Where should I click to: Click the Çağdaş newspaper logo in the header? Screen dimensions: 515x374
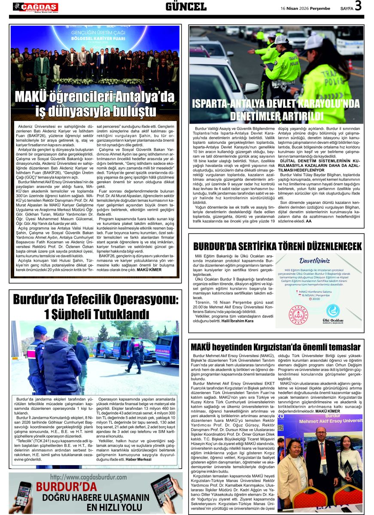click(x=35, y=7)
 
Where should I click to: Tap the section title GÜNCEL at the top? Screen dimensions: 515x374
click(x=186, y=6)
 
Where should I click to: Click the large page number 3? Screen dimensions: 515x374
click(x=358, y=6)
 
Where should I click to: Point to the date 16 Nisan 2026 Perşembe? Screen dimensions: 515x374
click(x=305, y=8)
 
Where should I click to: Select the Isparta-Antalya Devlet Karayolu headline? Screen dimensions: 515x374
click(x=276, y=110)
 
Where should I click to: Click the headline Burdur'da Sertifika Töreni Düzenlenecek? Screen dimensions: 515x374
click(x=277, y=246)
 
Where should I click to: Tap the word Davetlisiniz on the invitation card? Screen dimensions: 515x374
click(x=315, y=261)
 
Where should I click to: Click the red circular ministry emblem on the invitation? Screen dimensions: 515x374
click(x=298, y=315)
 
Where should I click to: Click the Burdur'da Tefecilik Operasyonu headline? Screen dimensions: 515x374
click(x=94, y=306)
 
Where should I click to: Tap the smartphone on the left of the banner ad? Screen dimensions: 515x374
click(x=22, y=496)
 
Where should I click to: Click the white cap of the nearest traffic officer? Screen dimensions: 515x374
click(x=313, y=42)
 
